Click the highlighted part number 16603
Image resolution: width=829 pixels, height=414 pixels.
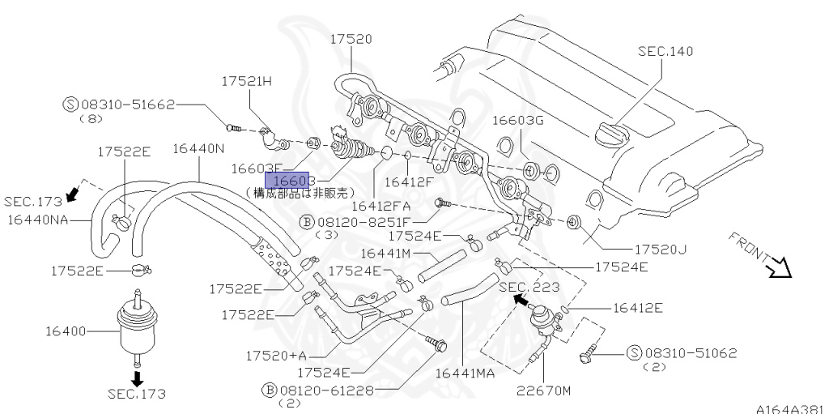[293, 181]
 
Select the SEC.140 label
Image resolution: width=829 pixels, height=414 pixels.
[665, 51]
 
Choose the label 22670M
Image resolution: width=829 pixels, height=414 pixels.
[544, 391]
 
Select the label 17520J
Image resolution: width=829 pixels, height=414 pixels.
[660, 249]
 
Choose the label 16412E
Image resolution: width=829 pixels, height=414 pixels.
[638, 307]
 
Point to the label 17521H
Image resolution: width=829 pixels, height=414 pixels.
[249, 80]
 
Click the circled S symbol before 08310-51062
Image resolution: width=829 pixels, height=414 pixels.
[633, 353]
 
